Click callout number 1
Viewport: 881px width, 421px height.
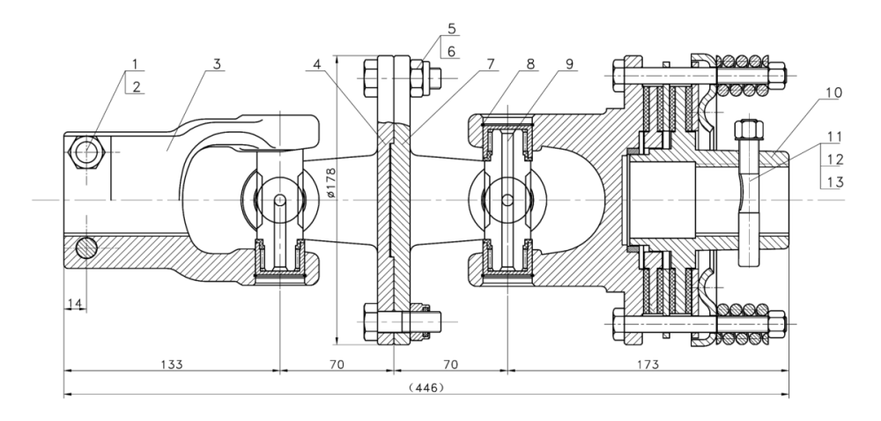pyautogui.click(x=135, y=63)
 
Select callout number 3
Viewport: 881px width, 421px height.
pyautogui.click(x=215, y=63)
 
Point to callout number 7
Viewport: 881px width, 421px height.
pyautogui.click(x=489, y=63)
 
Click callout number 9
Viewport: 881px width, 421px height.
pyautogui.click(x=569, y=63)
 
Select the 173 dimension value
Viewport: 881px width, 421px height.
pyautogui.click(x=648, y=362)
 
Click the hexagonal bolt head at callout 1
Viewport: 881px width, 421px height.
pyautogui.click(x=87, y=152)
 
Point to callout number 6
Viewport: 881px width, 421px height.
pyautogui.click(x=451, y=51)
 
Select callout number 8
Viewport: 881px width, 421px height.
pyautogui.click(x=529, y=63)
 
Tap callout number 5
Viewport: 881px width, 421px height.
pyautogui.click(x=451, y=27)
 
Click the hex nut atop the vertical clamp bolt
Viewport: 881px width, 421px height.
pyautogui.click(x=746, y=129)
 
